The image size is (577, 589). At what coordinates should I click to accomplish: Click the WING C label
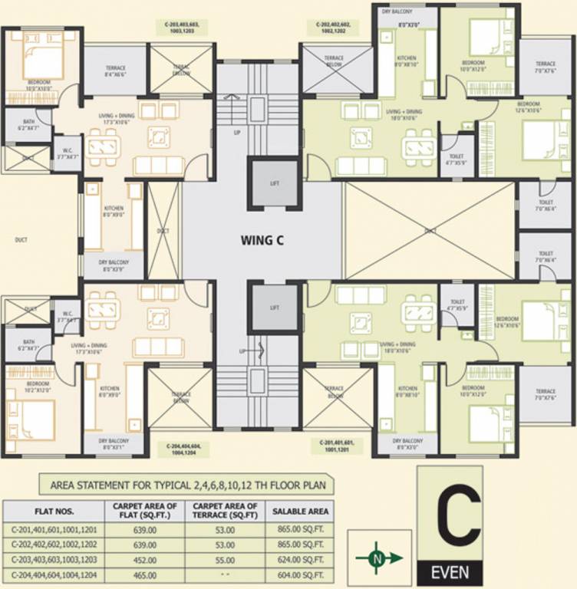[x=262, y=240]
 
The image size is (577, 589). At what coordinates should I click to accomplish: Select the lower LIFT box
[x=275, y=307]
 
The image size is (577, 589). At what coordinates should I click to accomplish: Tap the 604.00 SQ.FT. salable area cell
[x=301, y=574]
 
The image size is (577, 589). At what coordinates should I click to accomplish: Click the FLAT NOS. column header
[x=53, y=511]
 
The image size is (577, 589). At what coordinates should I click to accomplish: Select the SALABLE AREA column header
[x=301, y=511]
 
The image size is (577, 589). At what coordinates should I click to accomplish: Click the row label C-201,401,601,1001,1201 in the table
[x=53, y=529]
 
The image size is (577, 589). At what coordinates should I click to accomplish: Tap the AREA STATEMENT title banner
[x=187, y=485]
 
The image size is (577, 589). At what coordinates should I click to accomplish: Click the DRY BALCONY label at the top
[x=397, y=12]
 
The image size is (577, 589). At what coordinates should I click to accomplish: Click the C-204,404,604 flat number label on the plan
[x=182, y=449]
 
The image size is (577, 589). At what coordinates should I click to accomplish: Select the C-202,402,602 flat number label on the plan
[x=335, y=29]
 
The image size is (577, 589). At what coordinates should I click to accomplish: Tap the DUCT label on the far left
[x=21, y=240]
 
